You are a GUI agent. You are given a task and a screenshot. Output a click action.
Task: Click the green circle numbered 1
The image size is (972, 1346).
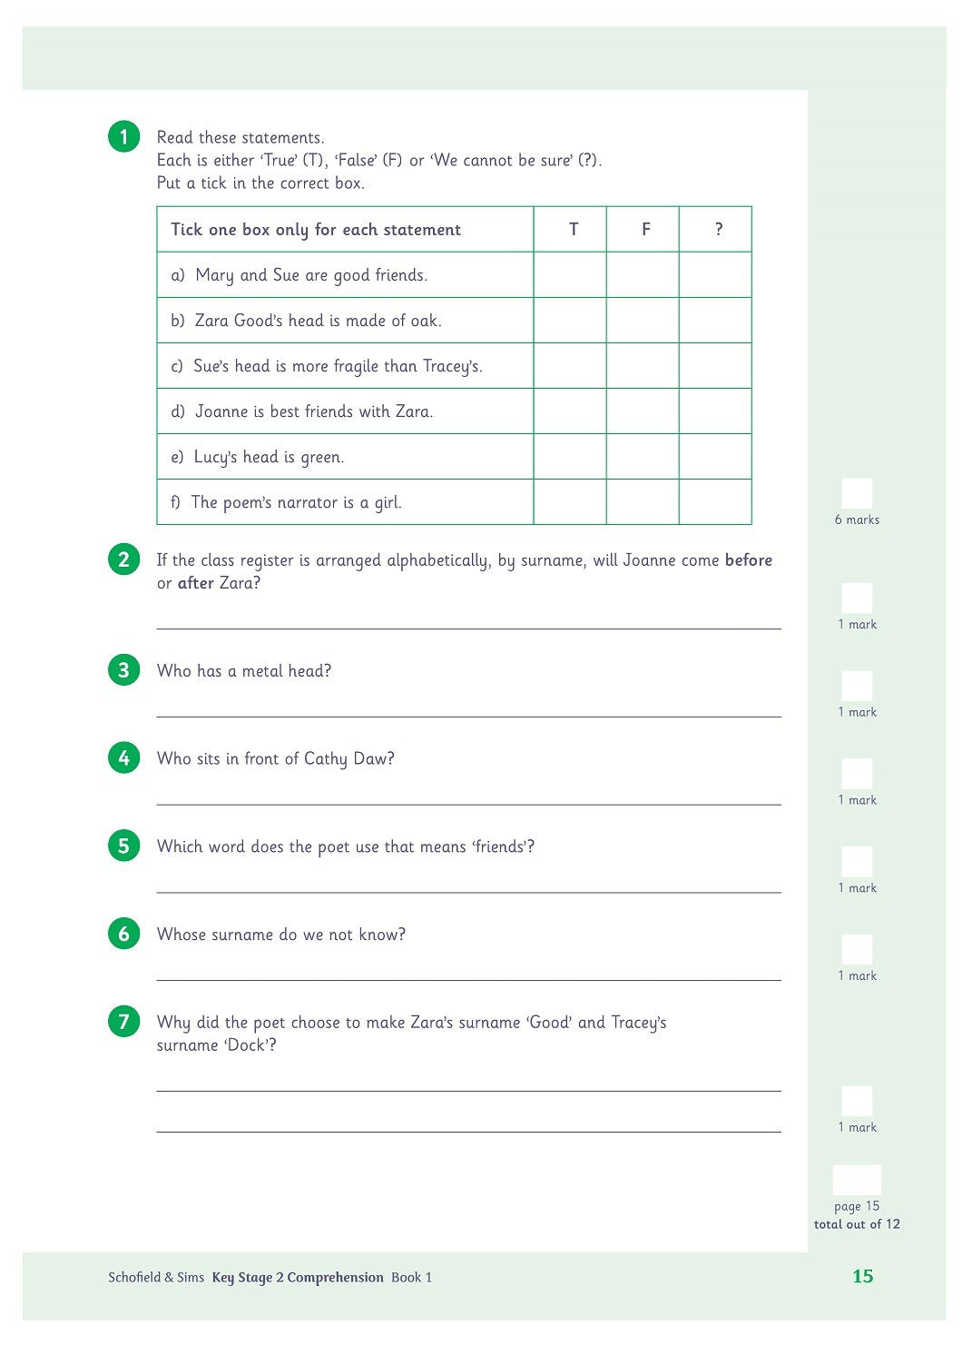click(123, 137)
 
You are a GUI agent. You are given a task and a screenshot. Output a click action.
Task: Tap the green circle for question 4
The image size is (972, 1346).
click(123, 757)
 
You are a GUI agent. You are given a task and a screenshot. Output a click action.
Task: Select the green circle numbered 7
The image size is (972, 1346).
click(123, 1021)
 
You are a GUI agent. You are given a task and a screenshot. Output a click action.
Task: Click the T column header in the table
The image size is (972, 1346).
click(573, 229)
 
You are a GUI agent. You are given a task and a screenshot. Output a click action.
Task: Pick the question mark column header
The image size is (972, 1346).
click(718, 229)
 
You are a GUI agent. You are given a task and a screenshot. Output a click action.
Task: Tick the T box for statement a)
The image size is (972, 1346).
click(570, 274)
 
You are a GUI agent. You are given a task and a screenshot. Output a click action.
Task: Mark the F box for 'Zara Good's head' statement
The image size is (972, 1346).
click(643, 320)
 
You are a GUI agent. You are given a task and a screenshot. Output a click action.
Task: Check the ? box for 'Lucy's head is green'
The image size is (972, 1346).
click(715, 456)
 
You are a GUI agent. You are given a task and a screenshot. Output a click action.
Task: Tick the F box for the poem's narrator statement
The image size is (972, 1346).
click(643, 501)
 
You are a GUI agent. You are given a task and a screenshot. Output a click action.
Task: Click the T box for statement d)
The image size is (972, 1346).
click(570, 411)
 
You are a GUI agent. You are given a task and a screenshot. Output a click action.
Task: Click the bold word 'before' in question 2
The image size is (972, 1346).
click(748, 560)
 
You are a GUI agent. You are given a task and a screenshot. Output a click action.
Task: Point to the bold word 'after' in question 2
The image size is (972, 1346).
click(195, 583)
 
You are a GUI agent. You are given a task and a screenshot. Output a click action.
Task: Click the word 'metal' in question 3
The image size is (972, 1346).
click(262, 671)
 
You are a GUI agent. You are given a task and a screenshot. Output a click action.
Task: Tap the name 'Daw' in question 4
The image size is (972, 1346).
click(372, 759)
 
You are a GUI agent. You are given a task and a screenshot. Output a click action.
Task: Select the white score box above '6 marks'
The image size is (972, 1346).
click(857, 493)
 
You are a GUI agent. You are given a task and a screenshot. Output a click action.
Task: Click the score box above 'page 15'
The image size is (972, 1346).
click(857, 1180)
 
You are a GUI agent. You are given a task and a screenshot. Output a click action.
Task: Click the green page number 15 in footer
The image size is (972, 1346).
click(862, 1276)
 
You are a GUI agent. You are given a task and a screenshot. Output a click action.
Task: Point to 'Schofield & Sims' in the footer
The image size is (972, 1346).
click(156, 1277)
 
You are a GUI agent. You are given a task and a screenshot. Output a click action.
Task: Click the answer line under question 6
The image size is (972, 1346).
click(468, 979)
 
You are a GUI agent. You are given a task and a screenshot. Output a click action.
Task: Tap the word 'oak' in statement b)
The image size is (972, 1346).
click(424, 321)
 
